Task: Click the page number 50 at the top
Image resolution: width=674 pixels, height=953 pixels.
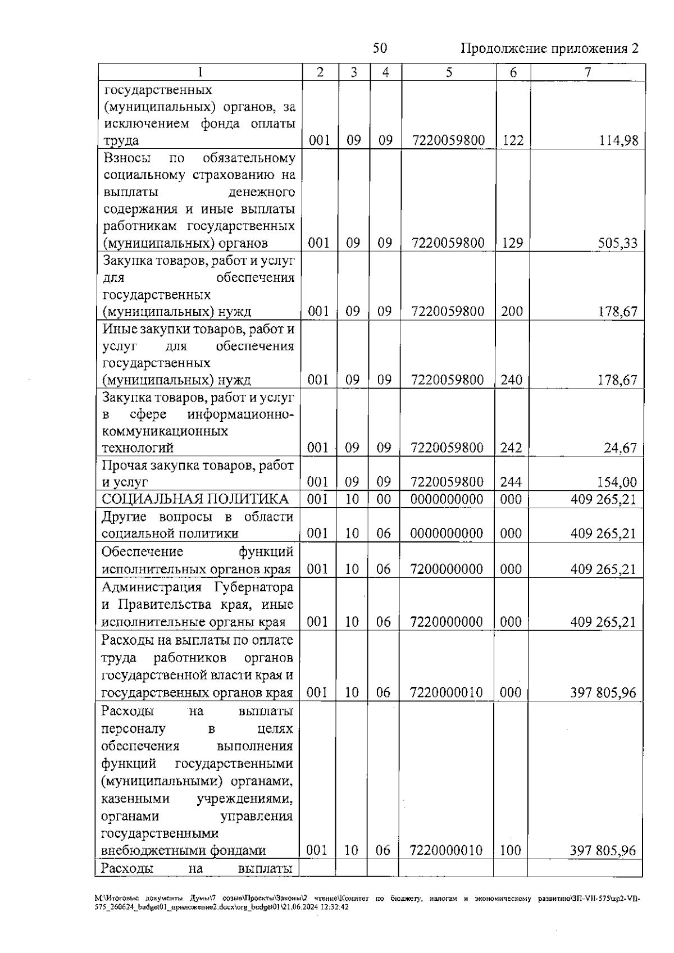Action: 380,48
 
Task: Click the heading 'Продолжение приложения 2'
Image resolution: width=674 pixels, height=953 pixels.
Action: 549,48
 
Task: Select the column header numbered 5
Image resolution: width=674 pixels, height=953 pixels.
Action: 449,72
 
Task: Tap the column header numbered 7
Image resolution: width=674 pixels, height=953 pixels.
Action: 587,72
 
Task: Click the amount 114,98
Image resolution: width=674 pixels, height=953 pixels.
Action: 618,140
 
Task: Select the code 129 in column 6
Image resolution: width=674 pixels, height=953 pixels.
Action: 512,243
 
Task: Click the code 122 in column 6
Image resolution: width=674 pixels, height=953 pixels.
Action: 512,140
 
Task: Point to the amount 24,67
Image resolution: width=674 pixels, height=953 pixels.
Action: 620,448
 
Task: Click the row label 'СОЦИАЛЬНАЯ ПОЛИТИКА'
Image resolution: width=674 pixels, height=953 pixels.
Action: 195,499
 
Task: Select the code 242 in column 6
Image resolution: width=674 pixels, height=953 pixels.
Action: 511,448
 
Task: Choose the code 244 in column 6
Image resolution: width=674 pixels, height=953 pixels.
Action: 511,482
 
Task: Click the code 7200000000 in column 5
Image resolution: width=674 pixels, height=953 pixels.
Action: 447,569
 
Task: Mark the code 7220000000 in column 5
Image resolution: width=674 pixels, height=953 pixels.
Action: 447,622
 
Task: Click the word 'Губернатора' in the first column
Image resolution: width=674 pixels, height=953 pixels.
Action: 253,588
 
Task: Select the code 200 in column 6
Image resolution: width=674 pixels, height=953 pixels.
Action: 512,312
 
